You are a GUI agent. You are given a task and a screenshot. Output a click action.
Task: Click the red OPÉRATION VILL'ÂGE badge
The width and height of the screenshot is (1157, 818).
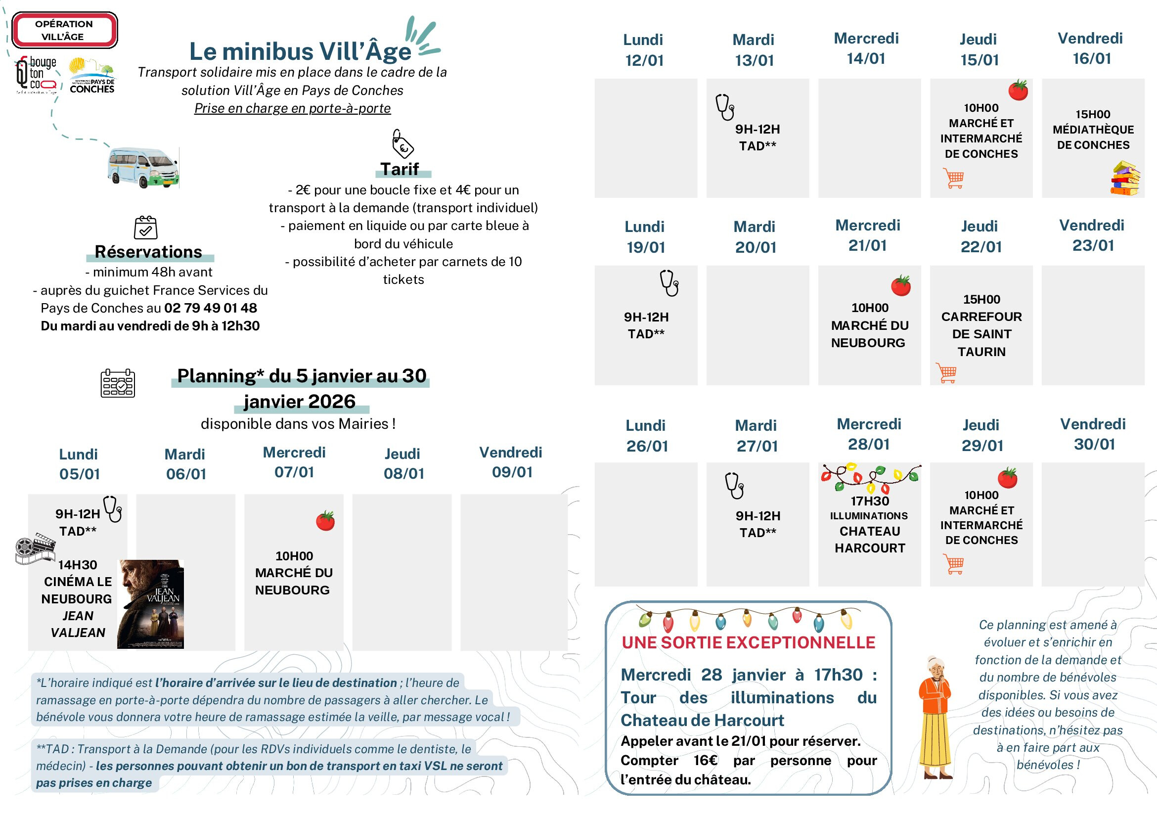click(x=64, y=30)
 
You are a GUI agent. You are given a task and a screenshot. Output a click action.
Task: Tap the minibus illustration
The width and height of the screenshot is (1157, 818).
click(x=143, y=168)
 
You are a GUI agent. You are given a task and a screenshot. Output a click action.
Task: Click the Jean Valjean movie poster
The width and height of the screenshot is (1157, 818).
click(x=150, y=604)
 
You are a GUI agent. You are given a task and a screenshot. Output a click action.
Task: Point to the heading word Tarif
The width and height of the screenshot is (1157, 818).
click(x=400, y=169)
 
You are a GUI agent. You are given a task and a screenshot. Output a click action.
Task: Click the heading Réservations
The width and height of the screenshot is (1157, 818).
click(x=148, y=252)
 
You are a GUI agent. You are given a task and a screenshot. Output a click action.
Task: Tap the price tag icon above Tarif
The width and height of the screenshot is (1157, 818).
click(x=402, y=143)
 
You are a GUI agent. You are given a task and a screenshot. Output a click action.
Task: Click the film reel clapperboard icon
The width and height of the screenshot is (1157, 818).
click(x=35, y=548)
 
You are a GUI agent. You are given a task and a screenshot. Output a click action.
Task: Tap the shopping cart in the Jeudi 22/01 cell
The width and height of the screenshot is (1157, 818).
click(x=946, y=373)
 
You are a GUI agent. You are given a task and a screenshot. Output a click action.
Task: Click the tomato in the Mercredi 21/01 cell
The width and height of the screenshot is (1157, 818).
click(x=900, y=286)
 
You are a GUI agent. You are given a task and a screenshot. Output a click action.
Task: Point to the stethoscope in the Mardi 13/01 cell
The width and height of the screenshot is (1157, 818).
click(x=725, y=107)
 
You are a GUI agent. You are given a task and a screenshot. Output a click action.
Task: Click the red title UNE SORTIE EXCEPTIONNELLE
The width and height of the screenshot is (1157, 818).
click(x=748, y=642)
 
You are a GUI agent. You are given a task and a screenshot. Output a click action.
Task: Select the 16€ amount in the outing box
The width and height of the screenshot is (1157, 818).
click(x=705, y=760)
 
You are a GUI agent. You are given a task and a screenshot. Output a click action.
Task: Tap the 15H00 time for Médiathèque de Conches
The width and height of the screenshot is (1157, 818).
click(x=1093, y=114)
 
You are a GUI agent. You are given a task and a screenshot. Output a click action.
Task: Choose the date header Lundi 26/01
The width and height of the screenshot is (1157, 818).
click(x=647, y=436)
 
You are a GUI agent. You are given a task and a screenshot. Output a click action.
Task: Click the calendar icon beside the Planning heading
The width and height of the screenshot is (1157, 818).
click(x=117, y=384)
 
